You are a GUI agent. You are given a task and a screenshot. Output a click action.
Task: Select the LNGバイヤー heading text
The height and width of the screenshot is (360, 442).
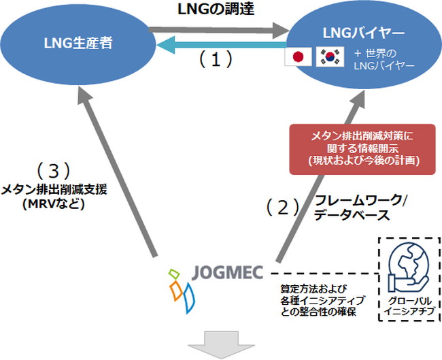pyautogui.click(x=365, y=33)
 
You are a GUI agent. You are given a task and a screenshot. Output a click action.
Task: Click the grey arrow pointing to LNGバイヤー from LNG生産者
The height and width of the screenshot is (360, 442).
pyautogui.click(x=218, y=29)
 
